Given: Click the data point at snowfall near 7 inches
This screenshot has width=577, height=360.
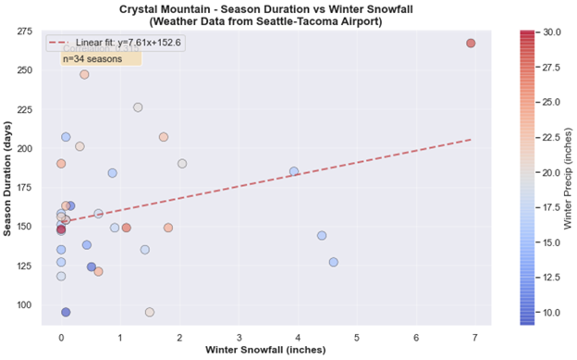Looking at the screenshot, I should (471, 43).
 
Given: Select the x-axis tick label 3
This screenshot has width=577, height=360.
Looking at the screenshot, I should (239, 338).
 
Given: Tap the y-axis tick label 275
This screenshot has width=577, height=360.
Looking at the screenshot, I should (25, 31).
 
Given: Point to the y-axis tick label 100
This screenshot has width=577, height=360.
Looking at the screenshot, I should (25, 304).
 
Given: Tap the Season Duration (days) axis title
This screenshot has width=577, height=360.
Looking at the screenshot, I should (8, 176).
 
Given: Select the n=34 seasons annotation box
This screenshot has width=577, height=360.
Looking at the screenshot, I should (100, 58).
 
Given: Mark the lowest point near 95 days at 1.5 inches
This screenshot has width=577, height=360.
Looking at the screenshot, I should (150, 312).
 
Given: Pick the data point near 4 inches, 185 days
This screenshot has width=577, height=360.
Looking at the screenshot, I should (294, 171).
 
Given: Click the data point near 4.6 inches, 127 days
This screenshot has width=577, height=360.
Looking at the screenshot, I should (333, 262).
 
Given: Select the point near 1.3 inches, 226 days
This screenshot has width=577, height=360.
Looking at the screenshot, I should (138, 107).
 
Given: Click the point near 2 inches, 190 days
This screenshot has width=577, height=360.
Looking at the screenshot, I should (182, 164).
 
